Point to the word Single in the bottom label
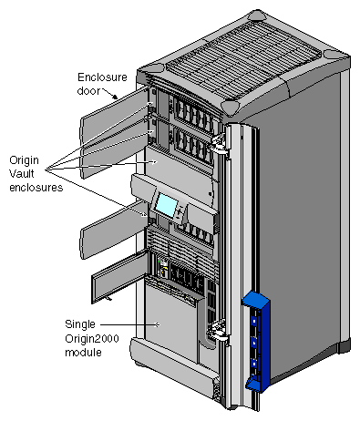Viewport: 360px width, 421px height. (x=80, y=323)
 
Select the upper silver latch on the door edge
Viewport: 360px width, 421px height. (x=219, y=140)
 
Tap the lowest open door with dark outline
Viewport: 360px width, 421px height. (x=118, y=279)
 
